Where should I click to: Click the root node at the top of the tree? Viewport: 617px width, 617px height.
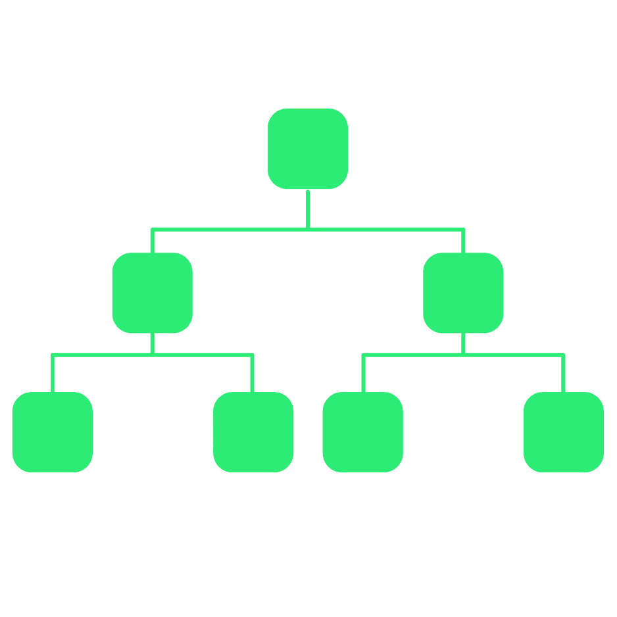pyautogui.click(x=308, y=149)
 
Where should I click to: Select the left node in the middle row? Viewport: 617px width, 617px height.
pyautogui.click(x=152, y=293)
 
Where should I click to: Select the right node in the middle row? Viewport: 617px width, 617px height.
pyautogui.click(x=463, y=293)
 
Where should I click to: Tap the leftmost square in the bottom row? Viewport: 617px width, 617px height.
pyautogui.click(x=53, y=432)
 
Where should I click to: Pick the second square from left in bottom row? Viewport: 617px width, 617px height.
pyautogui.click(x=253, y=432)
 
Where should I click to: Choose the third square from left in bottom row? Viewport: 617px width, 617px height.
pyautogui.click(x=362, y=432)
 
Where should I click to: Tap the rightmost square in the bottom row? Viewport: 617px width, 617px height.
pyautogui.click(x=564, y=432)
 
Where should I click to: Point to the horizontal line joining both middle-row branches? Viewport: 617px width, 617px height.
pyautogui.click(x=230, y=230)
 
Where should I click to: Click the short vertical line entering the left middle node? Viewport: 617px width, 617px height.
pyautogui.click(x=152, y=241)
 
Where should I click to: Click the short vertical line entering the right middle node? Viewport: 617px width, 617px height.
pyautogui.click(x=463, y=241)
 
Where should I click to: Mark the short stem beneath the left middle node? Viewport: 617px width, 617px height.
pyautogui.click(x=152, y=343)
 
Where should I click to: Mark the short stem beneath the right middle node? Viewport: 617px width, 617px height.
pyautogui.click(x=463, y=343)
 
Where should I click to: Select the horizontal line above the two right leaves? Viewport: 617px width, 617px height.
pyautogui.click(x=513, y=355)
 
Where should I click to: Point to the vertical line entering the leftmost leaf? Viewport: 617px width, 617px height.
pyautogui.click(x=53, y=374)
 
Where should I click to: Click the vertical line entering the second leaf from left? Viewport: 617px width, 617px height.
pyautogui.click(x=252, y=374)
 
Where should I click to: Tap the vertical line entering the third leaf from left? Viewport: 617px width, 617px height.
pyautogui.click(x=363, y=374)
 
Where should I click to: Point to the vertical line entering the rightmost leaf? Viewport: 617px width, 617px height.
pyautogui.click(x=563, y=374)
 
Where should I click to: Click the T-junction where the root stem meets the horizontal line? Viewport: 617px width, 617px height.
pyautogui.click(x=308, y=229)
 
